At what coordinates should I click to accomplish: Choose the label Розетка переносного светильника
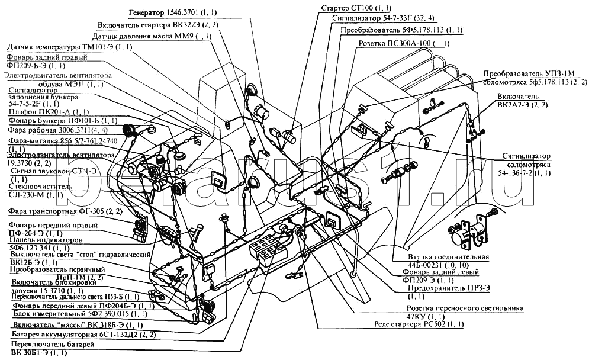[465, 308]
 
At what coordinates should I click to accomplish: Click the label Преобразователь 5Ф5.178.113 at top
[401, 30]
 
